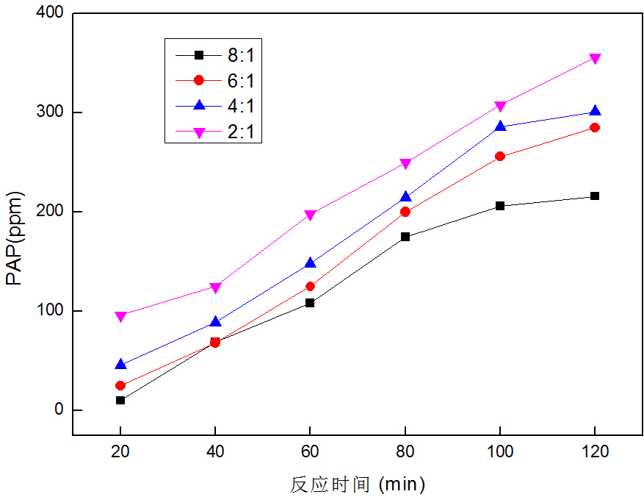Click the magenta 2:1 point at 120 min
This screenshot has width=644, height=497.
click(595, 59)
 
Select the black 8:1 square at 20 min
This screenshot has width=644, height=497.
click(120, 400)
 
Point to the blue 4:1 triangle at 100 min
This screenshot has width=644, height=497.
click(500, 126)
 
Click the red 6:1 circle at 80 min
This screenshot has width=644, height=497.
click(405, 212)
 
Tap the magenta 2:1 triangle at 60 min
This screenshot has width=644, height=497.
click(310, 215)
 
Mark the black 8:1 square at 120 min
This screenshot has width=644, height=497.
click(595, 196)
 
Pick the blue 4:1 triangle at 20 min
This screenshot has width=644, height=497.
click(120, 364)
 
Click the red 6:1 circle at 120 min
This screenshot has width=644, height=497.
click(595, 128)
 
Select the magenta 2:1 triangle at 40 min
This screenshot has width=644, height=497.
click(215, 287)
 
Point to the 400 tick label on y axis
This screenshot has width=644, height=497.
click(48, 13)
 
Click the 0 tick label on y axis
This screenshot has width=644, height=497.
click(59, 410)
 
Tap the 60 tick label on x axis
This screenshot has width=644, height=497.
click(310, 452)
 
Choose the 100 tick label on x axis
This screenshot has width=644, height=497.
click(500, 452)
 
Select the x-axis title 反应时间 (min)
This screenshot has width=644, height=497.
click(358, 484)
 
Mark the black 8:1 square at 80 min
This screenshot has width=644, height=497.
click(405, 237)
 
